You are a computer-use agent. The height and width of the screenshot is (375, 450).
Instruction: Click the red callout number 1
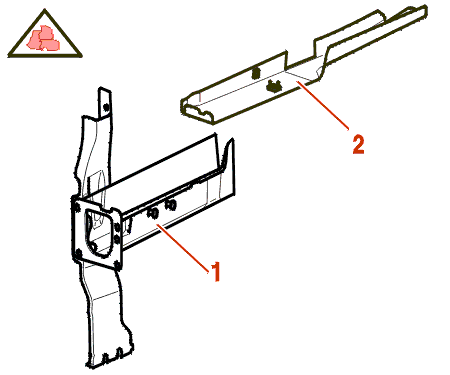tap(216, 271)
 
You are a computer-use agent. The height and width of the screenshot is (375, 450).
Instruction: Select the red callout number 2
tap(358, 144)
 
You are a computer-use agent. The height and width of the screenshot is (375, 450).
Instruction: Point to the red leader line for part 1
tap(183, 248)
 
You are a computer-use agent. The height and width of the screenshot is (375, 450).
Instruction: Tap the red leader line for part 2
tap(322, 105)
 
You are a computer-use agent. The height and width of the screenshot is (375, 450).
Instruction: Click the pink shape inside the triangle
tap(43, 38)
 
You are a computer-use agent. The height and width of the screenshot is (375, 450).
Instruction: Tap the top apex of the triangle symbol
tap(45, 10)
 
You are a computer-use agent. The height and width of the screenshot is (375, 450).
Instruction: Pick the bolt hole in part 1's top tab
tap(106, 107)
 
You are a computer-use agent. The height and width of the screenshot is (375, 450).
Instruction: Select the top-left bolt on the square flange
tap(77, 207)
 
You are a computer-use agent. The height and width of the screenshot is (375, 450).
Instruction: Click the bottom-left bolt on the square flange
tap(79, 254)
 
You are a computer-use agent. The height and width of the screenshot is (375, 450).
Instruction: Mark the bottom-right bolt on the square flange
tap(117, 265)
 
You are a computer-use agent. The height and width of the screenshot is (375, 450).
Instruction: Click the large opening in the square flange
tap(97, 232)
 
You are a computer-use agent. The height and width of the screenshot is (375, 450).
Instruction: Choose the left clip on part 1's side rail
tap(153, 213)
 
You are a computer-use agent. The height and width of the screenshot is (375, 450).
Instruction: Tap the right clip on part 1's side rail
tap(170, 205)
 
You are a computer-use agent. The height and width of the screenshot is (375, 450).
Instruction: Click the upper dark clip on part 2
tap(256, 73)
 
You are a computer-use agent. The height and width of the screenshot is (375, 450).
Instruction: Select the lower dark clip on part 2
tap(274, 87)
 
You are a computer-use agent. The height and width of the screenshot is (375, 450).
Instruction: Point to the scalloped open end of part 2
tap(197, 111)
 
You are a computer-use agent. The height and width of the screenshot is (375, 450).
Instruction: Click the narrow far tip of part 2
tap(421, 11)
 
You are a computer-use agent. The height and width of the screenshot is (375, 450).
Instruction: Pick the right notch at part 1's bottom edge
tap(119, 354)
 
